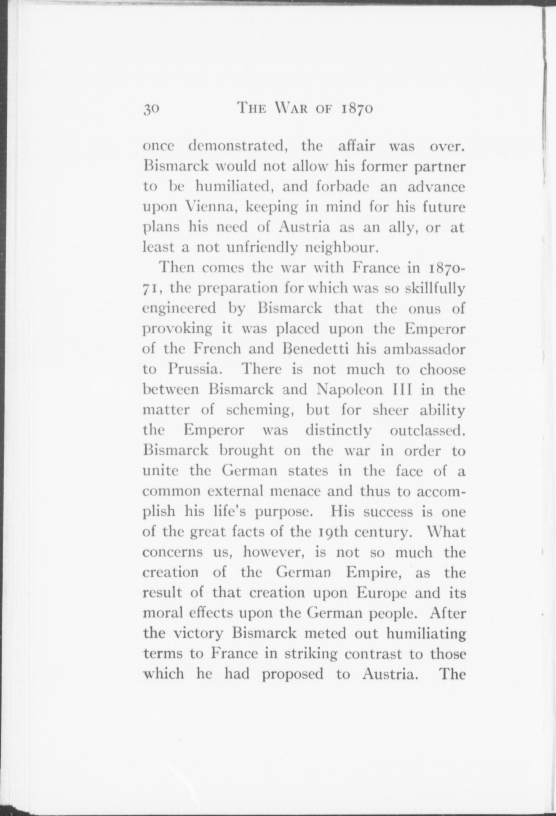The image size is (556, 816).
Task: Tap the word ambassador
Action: click(x=425, y=349)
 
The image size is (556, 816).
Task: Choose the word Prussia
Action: click(x=194, y=369)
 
